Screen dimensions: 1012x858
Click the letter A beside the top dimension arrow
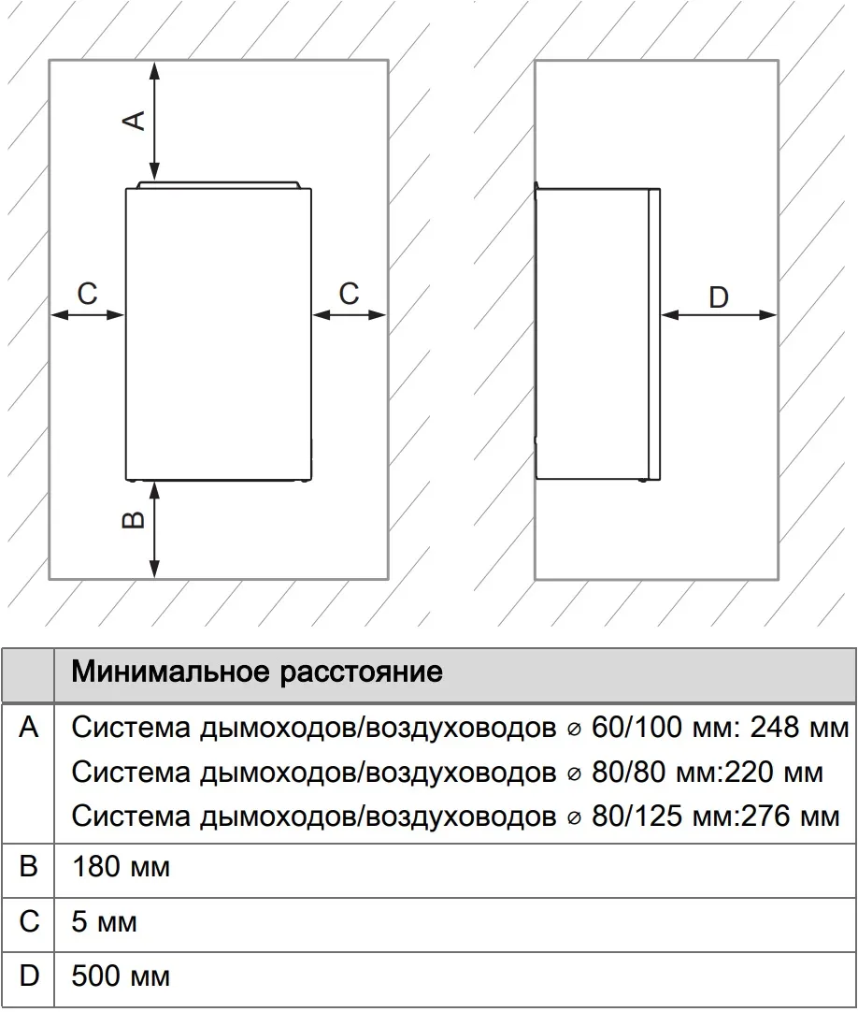tap(135, 120)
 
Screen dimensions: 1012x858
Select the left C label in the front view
tap(87, 294)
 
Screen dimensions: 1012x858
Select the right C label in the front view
tap(349, 294)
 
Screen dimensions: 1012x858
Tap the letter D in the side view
tap(718, 297)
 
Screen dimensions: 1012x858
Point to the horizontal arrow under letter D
tap(718, 315)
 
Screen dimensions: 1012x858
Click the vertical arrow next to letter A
tap(155, 121)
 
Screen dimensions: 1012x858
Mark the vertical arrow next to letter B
tap(155, 528)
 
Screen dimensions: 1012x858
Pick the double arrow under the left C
tap(87, 315)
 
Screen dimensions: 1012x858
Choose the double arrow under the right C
tap(350, 315)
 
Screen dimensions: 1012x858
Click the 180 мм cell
tap(121, 867)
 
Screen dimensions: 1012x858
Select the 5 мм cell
tap(104, 922)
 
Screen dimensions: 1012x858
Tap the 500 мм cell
tap(121, 977)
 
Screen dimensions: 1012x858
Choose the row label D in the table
tap(29, 977)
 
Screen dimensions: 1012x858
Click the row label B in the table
tap(29, 867)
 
